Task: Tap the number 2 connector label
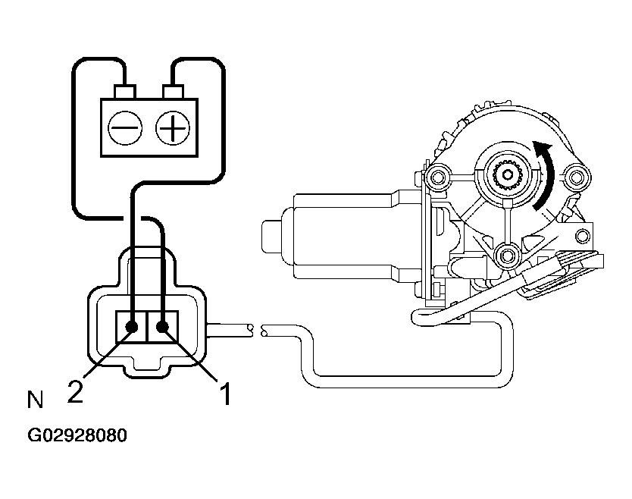pyautogui.click(x=75, y=392)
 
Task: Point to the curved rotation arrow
pyautogui.click(x=545, y=174)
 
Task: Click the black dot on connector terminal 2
pyautogui.click(x=132, y=327)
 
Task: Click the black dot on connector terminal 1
pyautogui.click(x=162, y=327)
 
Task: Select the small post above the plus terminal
pyautogui.click(x=174, y=92)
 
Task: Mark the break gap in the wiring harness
pyautogui.click(x=255, y=330)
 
